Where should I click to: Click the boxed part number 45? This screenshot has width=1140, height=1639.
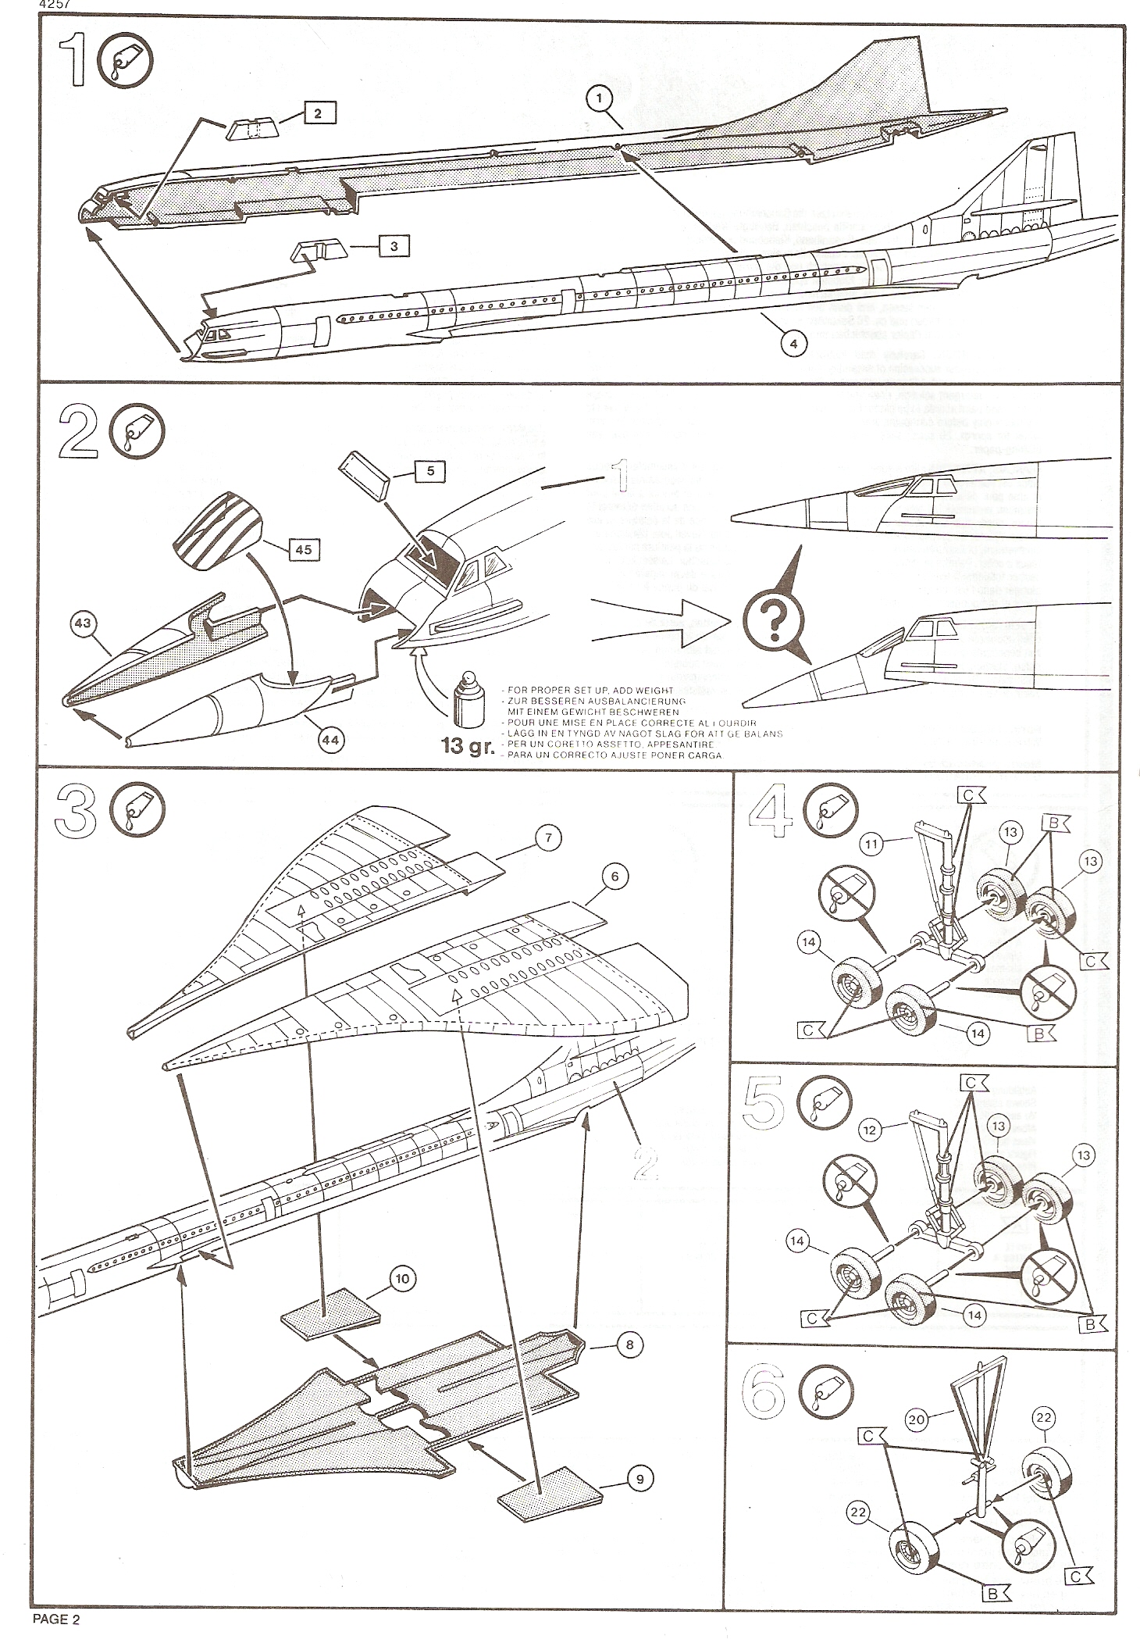pyautogui.click(x=302, y=549)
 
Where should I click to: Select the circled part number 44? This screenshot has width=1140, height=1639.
pyautogui.click(x=332, y=739)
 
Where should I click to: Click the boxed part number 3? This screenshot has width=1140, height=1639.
pyautogui.click(x=394, y=246)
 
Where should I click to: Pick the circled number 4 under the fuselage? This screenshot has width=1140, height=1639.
pyautogui.click(x=793, y=343)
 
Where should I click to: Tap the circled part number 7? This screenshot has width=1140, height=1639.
pyautogui.click(x=548, y=838)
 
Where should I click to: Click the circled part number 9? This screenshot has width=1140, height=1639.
pyautogui.click(x=639, y=1479)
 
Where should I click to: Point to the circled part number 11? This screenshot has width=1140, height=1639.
pyautogui.click(x=873, y=843)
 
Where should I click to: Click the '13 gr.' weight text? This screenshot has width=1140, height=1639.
pyautogui.click(x=468, y=746)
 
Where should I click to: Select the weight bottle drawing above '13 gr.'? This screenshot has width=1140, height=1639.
pyautogui.click(x=466, y=695)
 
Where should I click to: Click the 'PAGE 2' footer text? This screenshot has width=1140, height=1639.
pyautogui.click(x=56, y=1619)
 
